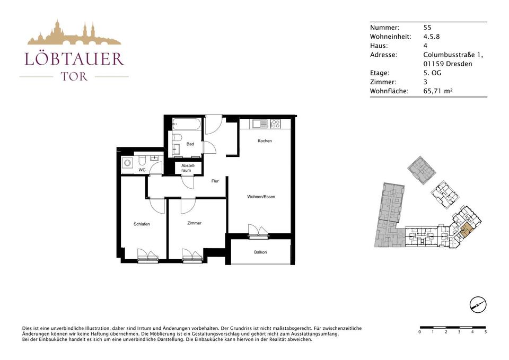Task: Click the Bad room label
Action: (x=190, y=144)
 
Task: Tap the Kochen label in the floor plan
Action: (x=265, y=141)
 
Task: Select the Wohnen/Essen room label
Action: (x=261, y=197)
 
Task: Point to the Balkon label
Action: (x=260, y=252)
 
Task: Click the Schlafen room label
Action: (x=142, y=224)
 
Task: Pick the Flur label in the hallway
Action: (x=215, y=181)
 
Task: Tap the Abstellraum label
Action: (x=188, y=168)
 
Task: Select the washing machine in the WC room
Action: (x=128, y=163)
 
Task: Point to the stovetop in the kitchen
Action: (x=275, y=124)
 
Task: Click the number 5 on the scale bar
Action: (x=485, y=332)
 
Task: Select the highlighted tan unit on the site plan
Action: (x=465, y=230)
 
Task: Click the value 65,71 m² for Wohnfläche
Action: (x=438, y=91)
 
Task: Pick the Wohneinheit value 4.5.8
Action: (x=432, y=37)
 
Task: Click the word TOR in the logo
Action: (x=74, y=76)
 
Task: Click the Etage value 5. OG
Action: (x=433, y=73)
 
